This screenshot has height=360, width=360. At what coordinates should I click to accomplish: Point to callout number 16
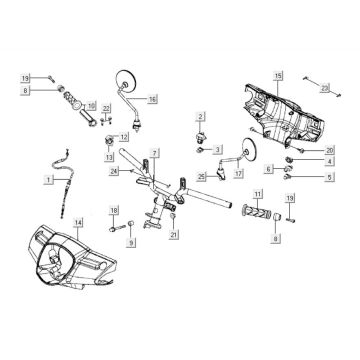click(x=152, y=99)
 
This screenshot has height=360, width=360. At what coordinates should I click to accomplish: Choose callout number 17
click(x=238, y=173)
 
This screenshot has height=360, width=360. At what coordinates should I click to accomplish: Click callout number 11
click(x=257, y=193)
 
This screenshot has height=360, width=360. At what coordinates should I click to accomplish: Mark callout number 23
click(x=324, y=89)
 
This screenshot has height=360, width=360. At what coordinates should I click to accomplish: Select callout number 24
click(x=116, y=172)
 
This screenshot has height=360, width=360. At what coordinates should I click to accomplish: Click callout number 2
click(x=200, y=118)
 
